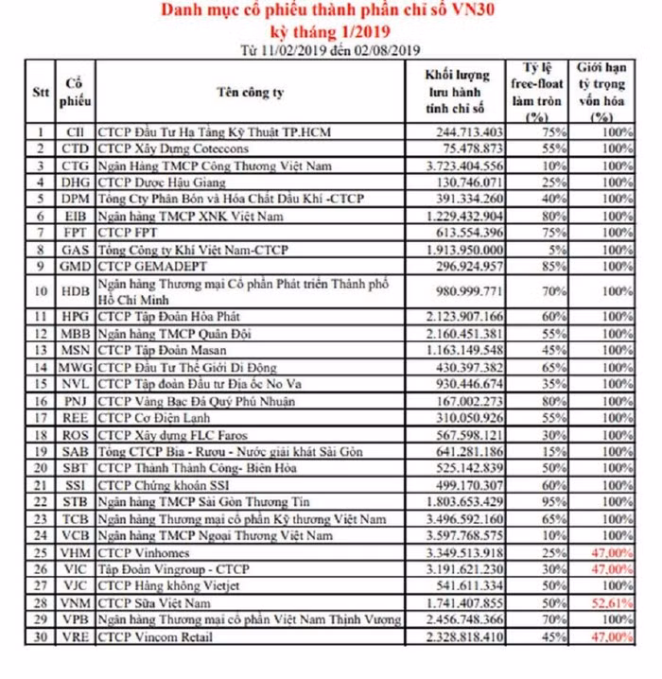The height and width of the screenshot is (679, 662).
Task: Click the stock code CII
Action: point(75,132)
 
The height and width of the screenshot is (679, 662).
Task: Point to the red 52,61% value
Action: point(610,603)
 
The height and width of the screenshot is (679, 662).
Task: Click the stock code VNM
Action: point(75,603)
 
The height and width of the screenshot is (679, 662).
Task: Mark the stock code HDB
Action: point(75,291)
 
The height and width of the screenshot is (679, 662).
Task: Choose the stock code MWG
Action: point(75,367)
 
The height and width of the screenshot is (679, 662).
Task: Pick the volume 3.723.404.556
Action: point(465,165)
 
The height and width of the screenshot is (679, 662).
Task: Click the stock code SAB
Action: point(75,451)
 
